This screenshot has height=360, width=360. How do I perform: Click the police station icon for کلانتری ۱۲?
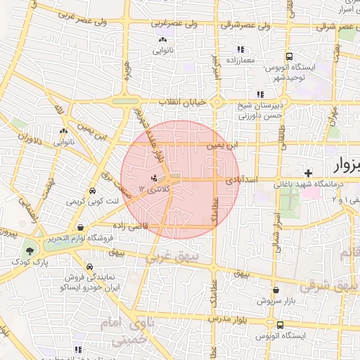point(155,176)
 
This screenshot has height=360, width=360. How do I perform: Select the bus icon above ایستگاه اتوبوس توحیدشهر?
point(289,56)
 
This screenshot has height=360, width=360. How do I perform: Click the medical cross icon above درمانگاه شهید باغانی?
point(308,173)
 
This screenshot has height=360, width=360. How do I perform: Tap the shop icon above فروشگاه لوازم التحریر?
point(82,228)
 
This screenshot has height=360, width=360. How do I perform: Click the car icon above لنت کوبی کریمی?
point(92,191)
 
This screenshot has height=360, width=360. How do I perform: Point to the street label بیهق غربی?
point(172,258)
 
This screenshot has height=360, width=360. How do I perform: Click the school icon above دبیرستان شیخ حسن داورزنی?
point(260,94)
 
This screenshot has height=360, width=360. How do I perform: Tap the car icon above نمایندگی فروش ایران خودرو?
point(90,267)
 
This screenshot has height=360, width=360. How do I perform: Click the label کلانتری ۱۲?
point(152,188)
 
